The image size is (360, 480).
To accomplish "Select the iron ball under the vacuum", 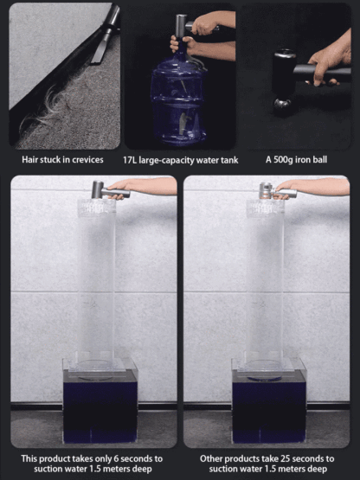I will (282, 106).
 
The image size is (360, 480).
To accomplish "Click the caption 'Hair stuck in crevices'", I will (61, 160).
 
